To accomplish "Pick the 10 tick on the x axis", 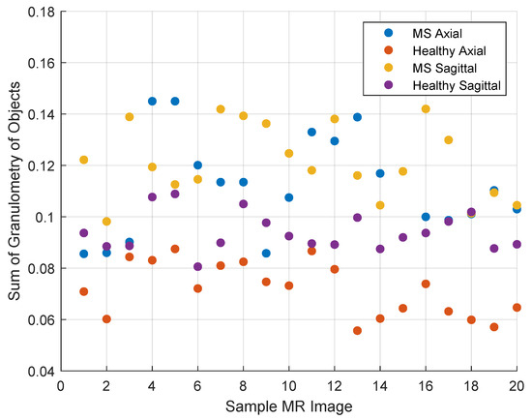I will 288,384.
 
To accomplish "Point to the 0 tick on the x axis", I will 61,384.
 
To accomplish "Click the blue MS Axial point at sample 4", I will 152,101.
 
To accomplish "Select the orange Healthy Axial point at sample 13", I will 357,330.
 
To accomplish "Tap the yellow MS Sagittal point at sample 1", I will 84,160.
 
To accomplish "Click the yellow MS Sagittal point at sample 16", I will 426,109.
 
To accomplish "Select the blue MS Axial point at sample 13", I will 357,117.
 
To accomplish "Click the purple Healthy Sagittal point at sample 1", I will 84,233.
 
